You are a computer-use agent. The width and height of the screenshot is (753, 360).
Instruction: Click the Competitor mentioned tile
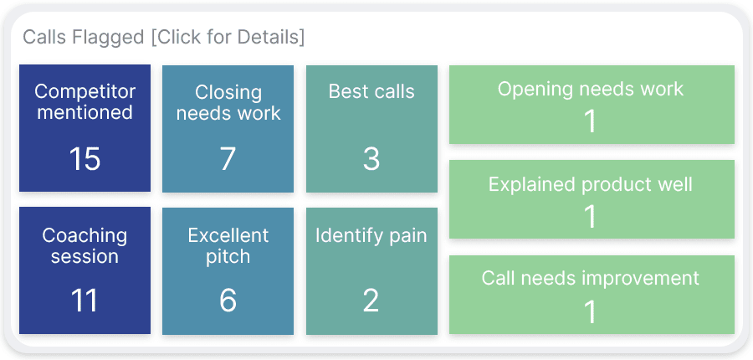point(85,128)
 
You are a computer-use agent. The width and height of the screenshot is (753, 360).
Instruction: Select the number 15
point(85,158)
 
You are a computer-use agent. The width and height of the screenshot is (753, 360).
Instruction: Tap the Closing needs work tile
point(228,128)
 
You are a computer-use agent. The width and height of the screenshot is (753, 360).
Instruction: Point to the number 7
point(228,158)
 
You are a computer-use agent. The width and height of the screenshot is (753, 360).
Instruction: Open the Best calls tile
point(371,128)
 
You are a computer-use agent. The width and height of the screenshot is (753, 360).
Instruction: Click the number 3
point(371,158)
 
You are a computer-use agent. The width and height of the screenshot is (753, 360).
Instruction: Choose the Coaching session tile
point(85,270)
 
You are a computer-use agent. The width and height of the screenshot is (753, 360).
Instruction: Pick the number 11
point(85,301)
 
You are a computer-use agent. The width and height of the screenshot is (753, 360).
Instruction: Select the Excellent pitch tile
point(228,270)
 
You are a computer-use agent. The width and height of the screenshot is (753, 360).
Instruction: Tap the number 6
point(228,301)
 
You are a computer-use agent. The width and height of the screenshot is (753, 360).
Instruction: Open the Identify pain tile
point(371,270)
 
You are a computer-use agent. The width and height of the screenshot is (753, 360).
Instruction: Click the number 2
point(371,301)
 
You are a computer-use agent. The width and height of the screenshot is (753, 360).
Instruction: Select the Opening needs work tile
point(592,105)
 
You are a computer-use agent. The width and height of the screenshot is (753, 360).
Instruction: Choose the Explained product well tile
point(592,199)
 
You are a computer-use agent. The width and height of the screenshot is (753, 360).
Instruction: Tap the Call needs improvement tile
point(592,294)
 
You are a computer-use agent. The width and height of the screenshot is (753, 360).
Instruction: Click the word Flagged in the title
point(109,38)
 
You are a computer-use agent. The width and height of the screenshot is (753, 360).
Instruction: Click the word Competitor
point(85,91)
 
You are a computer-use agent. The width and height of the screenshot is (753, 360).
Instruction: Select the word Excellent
point(228,235)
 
